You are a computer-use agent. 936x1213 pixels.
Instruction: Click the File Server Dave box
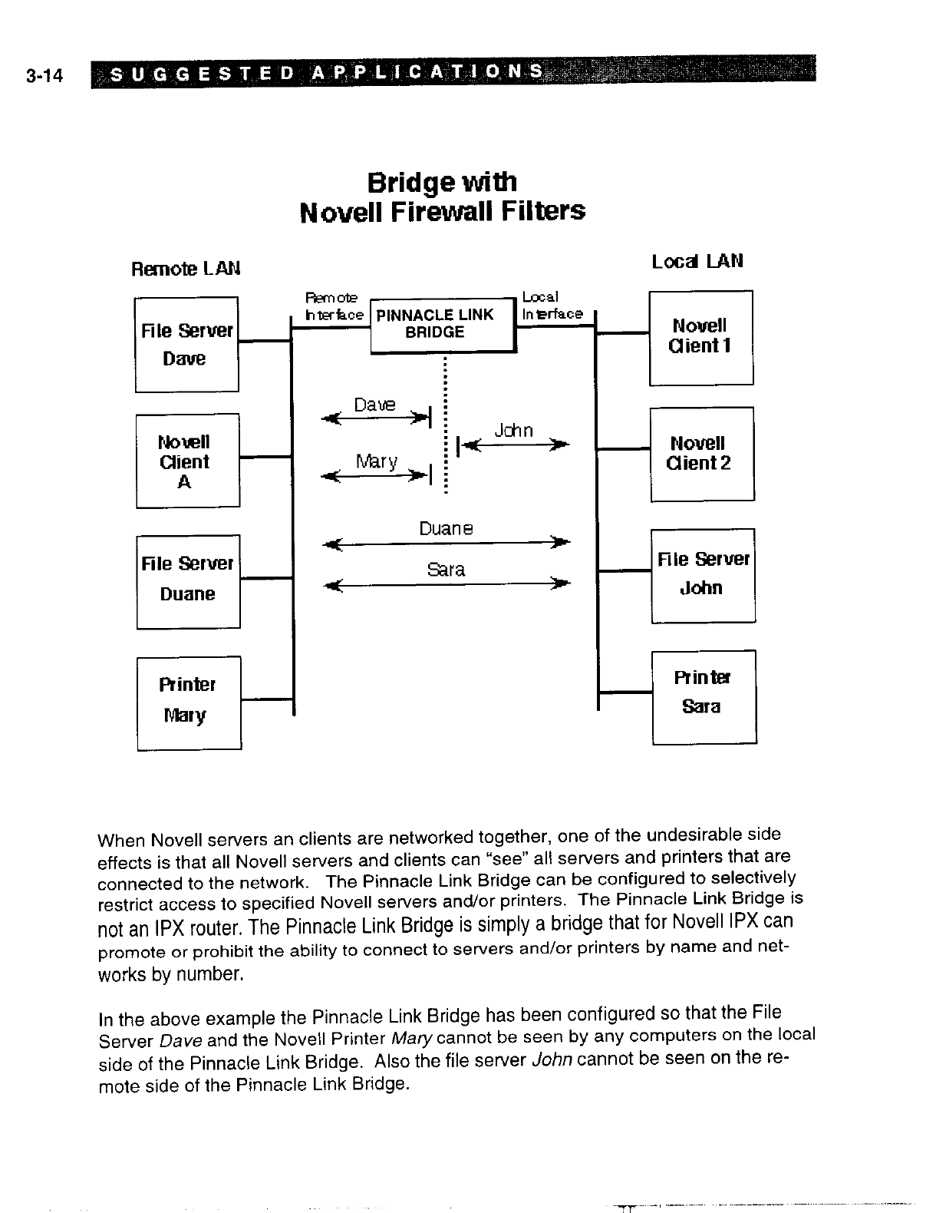click(186, 344)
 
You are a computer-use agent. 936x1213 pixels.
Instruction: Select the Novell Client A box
click(187, 461)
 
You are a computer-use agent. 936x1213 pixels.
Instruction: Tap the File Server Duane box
click(188, 581)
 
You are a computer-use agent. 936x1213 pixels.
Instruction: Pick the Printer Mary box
click(189, 702)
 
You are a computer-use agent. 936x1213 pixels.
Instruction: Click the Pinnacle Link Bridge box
click(442, 326)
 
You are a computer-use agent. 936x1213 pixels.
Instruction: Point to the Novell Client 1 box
click(700, 337)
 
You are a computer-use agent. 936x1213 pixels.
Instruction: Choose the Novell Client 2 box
click(701, 454)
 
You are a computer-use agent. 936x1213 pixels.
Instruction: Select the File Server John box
click(703, 575)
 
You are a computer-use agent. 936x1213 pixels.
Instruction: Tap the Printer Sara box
click(704, 696)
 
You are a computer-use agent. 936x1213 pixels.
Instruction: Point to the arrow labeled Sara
click(446, 584)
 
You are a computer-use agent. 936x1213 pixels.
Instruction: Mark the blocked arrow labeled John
click(512, 445)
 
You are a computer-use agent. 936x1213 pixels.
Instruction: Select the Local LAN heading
click(697, 261)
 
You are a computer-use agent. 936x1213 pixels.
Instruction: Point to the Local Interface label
click(551, 306)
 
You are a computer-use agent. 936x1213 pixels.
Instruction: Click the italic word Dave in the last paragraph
click(182, 1042)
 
